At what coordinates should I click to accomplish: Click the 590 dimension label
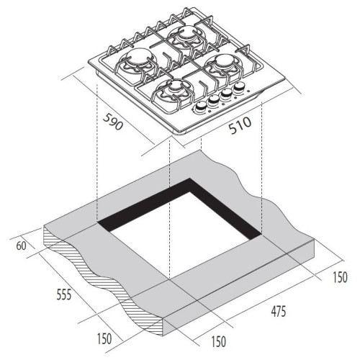(x=113, y=122)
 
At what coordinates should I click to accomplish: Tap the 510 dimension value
(x=240, y=125)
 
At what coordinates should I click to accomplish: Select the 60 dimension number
(x=21, y=246)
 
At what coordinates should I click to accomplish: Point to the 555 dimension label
(x=64, y=294)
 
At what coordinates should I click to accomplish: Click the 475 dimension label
(x=279, y=312)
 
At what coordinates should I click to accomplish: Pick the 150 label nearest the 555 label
(x=104, y=339)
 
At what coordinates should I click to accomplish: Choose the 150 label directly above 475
(x=340, y=277)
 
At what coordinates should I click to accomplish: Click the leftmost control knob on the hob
(x=200, y=107)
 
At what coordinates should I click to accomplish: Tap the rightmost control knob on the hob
(x=238, y=86)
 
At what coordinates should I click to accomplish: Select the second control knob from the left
(x=213, y=100)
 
